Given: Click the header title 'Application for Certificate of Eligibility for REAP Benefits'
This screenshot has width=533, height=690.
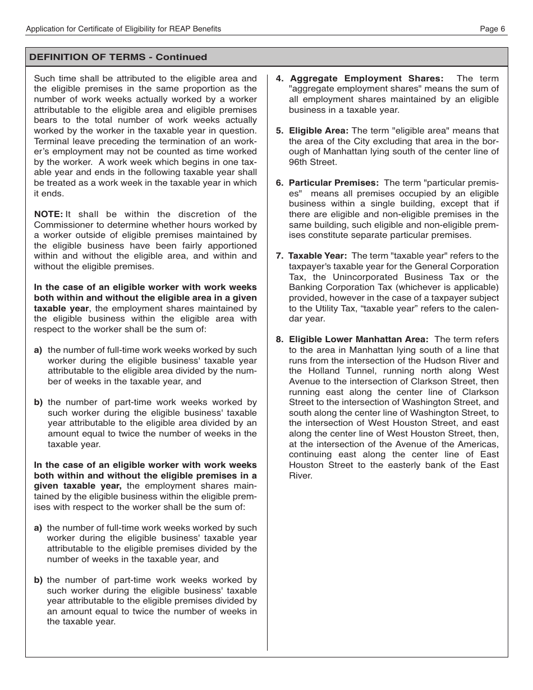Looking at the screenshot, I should pos(124,29).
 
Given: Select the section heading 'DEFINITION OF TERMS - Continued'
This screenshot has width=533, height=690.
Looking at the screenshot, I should pos(118,57).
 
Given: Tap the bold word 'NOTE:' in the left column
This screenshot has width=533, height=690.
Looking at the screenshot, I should pos(48,214).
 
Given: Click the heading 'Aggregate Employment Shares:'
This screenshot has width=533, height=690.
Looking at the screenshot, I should pos(366,79).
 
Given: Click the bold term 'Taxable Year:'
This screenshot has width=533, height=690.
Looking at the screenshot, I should pos(318,256).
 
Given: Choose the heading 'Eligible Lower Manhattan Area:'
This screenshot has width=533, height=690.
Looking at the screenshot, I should pos(359,339).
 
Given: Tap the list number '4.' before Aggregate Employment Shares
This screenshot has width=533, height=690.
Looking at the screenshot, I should pos(279,79).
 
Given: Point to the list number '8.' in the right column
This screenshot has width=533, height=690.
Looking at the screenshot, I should pos(279,339).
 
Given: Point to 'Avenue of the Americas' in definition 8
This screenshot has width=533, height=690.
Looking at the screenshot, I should pos(452,444).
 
